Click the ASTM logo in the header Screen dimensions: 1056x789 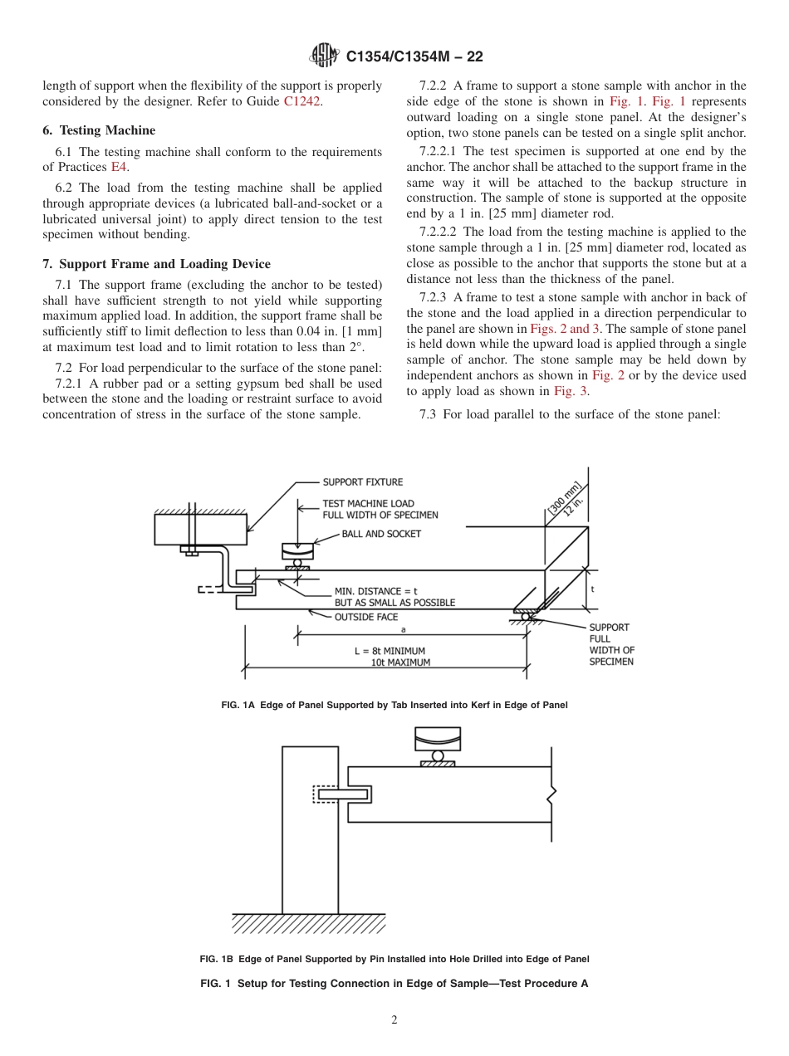[324, 56]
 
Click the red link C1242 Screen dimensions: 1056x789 [303, 101]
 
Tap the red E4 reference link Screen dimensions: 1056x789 [119, 166]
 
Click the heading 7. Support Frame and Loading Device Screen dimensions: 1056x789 [156, 264]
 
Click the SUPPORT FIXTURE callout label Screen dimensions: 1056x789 [362, 482]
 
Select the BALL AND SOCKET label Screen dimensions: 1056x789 [381, 534]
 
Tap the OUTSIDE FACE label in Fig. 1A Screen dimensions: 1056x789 [365, 617]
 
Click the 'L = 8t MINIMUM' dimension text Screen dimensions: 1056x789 [390, 651]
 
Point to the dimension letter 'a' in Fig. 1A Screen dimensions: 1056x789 [402, 629]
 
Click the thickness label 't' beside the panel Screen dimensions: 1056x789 [592, 588]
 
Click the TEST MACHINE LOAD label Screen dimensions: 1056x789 [368, 503]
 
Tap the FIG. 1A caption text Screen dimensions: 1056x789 [394, 705]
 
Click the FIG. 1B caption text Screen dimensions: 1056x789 [394, 959]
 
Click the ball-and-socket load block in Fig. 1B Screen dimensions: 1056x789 [438, 739]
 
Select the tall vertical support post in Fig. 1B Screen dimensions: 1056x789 [310, 830]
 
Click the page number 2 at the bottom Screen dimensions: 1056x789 [394, 1020]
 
